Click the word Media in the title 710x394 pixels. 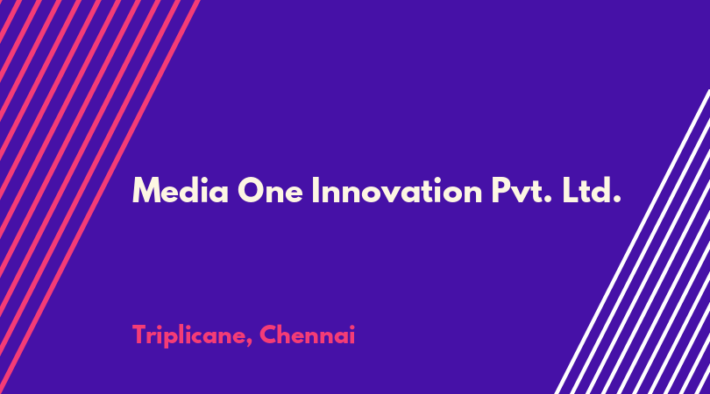point(181,191)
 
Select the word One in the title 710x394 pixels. point(270,191)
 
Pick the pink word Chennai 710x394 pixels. point(307,334)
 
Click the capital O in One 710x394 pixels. point(252,191)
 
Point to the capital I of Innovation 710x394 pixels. point(316,191)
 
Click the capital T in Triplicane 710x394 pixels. point(140,334)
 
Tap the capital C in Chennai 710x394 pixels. point(268,334)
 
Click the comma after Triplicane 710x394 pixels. point(249,344)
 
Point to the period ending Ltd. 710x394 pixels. point(616,199)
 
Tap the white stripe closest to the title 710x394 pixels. point(632,242)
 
